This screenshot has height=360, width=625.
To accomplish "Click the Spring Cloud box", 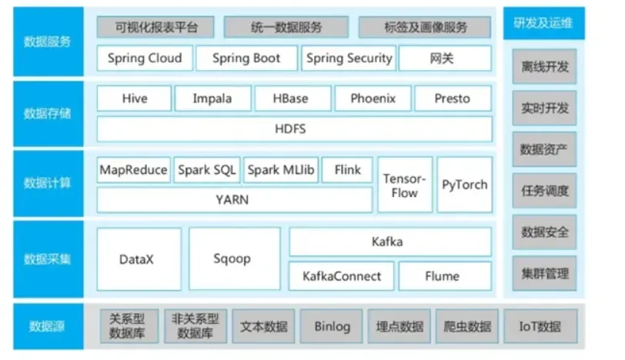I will pyautogui.click(x=145, y=58).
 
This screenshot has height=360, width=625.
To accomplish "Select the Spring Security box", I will pyautogui.click(x=349, y=58).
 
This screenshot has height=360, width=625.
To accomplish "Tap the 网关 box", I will pyautogui.click(x=444, y=58).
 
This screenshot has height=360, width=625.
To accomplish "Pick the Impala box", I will pyautogui.click(x=212, y=98).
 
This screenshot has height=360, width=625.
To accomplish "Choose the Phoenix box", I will pyautogui.click(x=373, y=98).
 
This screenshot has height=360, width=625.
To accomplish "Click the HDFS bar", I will pyautogui.click(x=294, y=128).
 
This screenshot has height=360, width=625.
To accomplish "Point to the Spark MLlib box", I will pyautogui.click(x=280, y=170).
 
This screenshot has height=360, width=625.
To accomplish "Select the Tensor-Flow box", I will pyautogui.click(x=404, y=185).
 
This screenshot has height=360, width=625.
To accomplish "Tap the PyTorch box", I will pyautogui.click(x=465, y=185).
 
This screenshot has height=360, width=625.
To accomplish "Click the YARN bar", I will pyautogui.click(x=232, y=199).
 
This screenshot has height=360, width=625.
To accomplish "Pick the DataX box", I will pyautogui.click(x=139, y=259).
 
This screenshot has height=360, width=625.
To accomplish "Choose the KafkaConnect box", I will pyautogui.click(x=341, y=275).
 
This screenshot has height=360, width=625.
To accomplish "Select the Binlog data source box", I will pyautogui.click(x=332, y=326).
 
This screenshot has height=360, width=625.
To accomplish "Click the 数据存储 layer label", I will pyautogui.click(x=48, y=114).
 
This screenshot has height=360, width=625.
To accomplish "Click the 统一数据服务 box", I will pyautogui.click(x=287, y=27).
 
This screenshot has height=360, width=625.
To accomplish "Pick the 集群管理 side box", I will pyautogui.click(x=543, y=272).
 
